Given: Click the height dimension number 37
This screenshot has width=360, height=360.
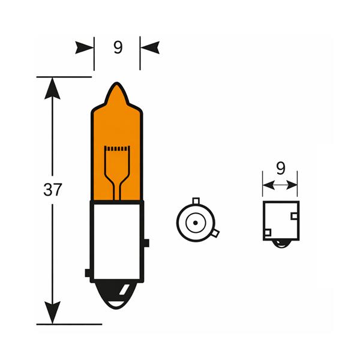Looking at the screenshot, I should point(53,190).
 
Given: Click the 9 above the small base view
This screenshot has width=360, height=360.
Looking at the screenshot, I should point(280,169).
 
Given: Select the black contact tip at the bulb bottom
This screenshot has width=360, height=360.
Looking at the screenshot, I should point(117,297).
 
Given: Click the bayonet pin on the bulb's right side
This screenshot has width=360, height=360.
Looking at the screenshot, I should point(146,244).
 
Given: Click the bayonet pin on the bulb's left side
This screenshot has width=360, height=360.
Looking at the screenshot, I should point(88,274).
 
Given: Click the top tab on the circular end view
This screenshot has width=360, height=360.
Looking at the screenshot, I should point(195,200).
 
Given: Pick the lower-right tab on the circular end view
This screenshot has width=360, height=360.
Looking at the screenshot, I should point(215,233).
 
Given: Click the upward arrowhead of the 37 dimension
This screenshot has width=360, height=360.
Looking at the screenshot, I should point(53,87).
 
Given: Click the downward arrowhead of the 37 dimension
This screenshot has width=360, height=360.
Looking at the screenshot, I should point(53,313).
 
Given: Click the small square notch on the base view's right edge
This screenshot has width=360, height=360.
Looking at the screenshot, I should point(295,215).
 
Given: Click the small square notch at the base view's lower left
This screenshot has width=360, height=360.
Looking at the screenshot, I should point(268,232).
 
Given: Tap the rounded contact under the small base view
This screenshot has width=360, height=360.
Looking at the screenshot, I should point(280,243).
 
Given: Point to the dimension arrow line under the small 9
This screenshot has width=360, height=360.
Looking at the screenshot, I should point(280,185).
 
